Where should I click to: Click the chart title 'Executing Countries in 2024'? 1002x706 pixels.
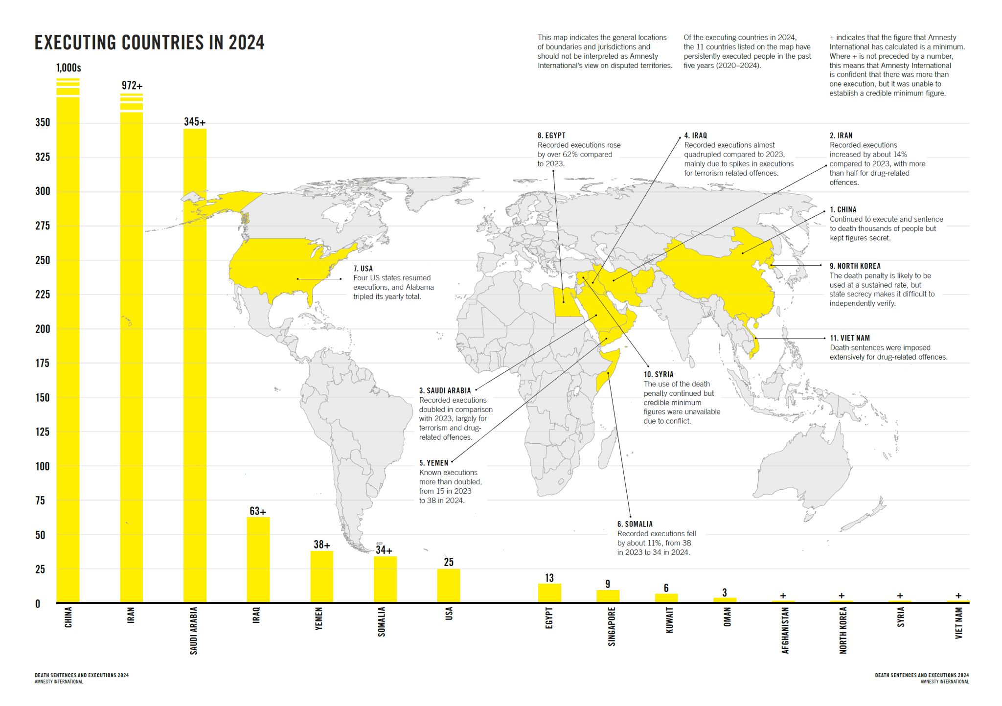click(x=149, y=43)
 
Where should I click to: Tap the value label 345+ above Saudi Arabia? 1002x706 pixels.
click(x=195, y=122)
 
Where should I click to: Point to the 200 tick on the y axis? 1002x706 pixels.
click(x=43, y=329)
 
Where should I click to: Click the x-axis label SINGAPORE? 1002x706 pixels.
click(x=612, y=626)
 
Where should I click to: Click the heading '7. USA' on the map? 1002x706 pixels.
click(x=363, y=269)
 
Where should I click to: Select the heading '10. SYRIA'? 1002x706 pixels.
click(x=659, y=374)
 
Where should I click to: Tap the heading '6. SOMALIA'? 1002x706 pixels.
click(x=635, y=524)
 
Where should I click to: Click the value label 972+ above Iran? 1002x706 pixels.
click(x=132, y=86)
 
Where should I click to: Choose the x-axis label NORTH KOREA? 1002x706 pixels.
click(x=843, y=630)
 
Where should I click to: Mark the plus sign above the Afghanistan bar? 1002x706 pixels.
click(x=783, y=595)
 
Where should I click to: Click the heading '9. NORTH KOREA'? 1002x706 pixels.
click(x=855, y=266)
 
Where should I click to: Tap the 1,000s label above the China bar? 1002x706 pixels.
click(x=68, y=68)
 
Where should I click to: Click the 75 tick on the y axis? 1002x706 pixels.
click(x=40, y=501)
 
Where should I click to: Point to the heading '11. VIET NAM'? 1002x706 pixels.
click(x=850, y=338)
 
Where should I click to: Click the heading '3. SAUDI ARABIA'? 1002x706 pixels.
click(x=445, y=390)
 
